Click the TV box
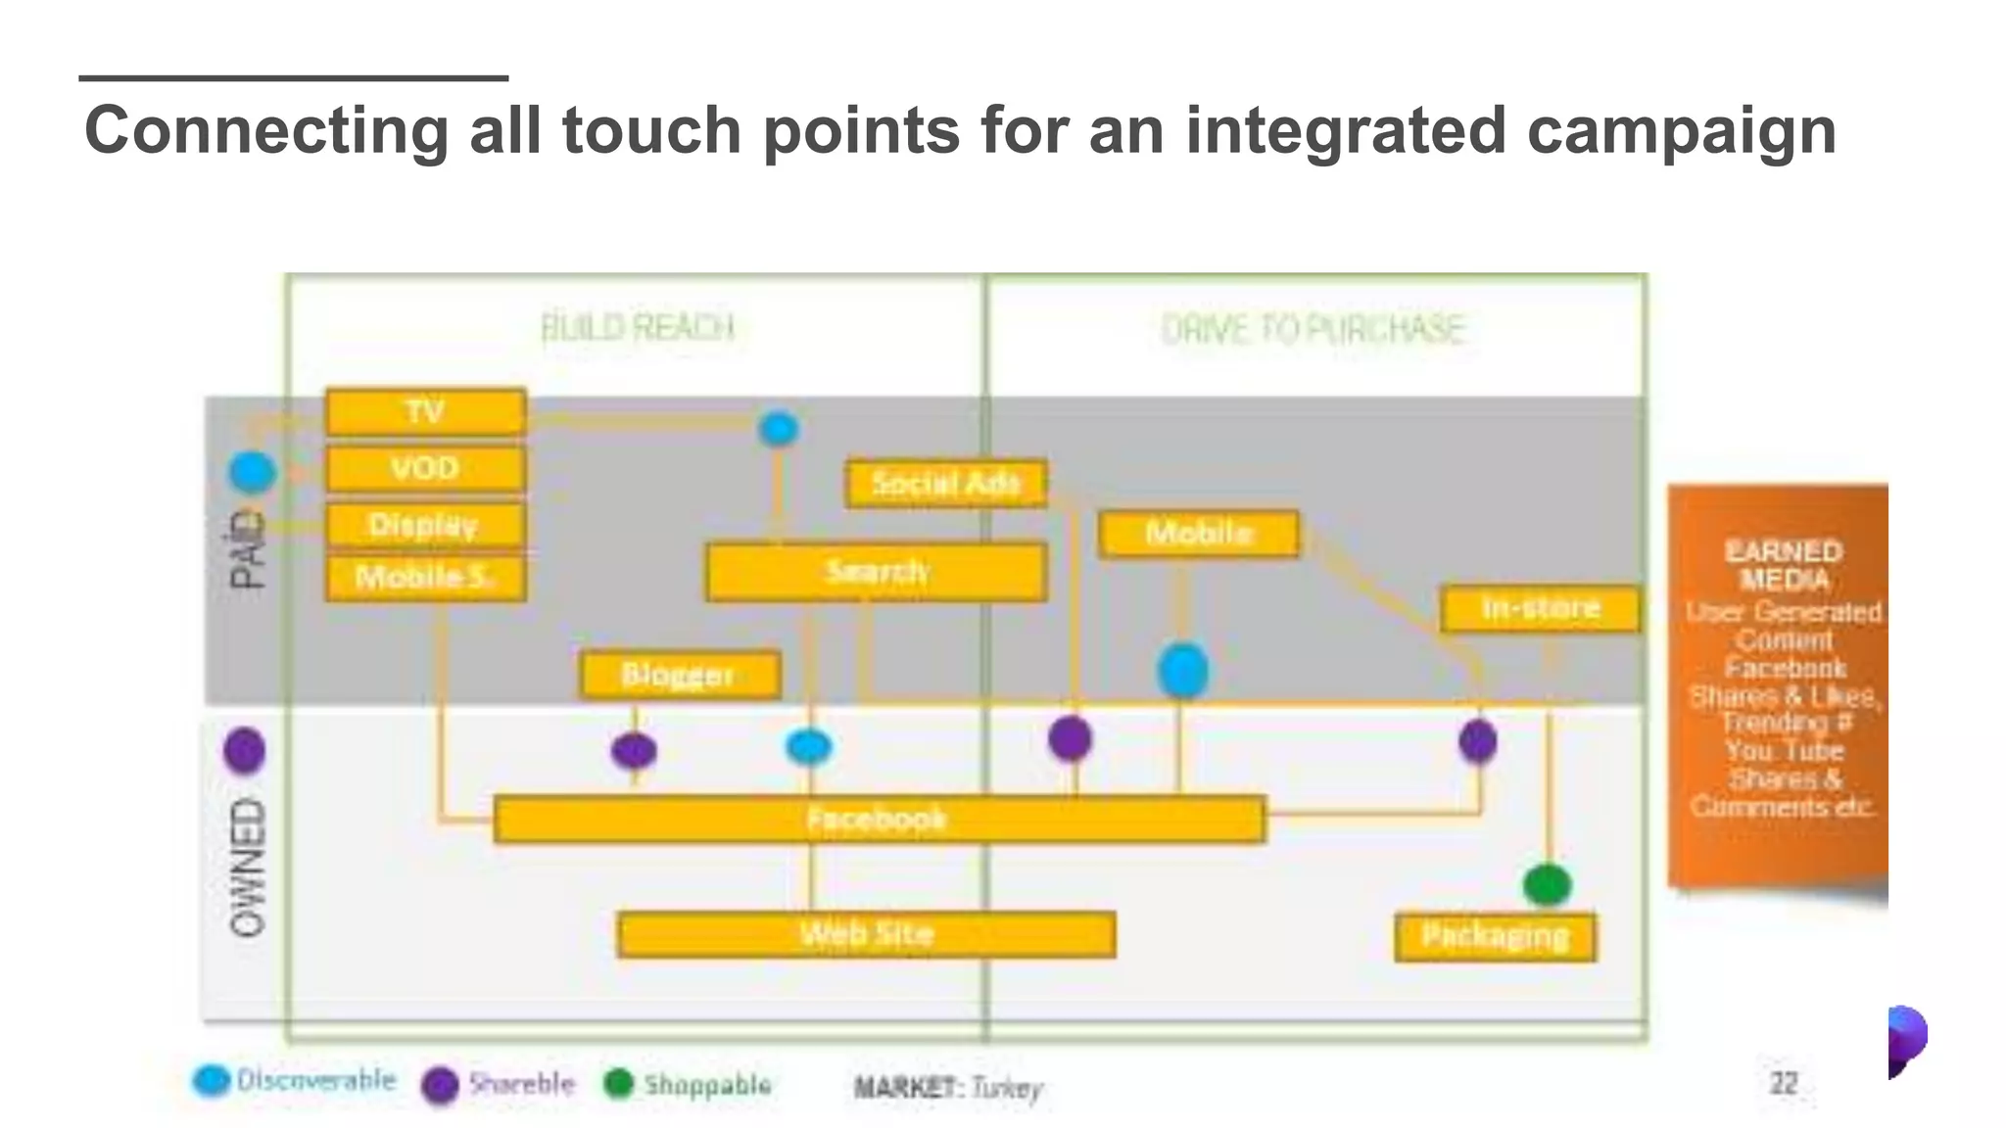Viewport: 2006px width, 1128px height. pos(425,412)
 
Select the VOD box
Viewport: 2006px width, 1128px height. pos(425,469)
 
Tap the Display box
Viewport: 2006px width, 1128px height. pos(425,526)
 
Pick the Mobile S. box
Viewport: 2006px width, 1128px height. pos(425,578)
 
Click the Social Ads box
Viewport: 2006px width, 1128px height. pos(945,484)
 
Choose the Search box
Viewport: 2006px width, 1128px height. pos(876,572)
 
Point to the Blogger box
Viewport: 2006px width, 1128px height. pos(679,675)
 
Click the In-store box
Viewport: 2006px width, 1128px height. pos(1540,608)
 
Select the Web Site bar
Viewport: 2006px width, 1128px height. pos(866,934)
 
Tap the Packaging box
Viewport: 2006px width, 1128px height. pos(1495,936)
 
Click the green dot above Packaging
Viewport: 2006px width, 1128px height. pos(1547,885)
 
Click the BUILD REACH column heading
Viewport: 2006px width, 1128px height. pos(638,328)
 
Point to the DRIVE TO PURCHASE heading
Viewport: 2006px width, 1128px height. pos(1313,330)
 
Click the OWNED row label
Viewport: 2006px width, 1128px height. pos(247,868)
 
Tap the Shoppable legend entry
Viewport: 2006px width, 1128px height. pos(689,1084)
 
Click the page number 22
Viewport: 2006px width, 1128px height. pos(1783,1083)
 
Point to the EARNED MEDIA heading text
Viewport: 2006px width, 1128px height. pos(1783,565)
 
